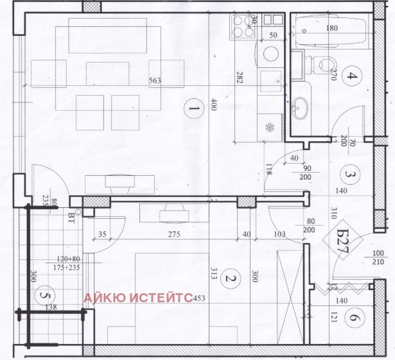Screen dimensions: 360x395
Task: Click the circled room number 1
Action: click(x=192, y=109)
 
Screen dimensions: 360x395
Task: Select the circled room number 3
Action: click(x=349, y=173)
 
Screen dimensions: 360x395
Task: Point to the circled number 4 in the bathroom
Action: click(x=351, y=78)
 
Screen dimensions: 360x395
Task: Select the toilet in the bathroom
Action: click(x=322, y=64)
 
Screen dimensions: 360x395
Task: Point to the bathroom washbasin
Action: click(x=301, y=105)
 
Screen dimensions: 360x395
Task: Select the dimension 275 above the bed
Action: click(x=173, y=236)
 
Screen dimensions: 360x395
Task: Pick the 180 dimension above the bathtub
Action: click(x=331, y=28)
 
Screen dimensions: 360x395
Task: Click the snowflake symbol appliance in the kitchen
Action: click(x=270, y=124)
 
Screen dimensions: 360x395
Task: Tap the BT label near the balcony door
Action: click(x=71, y=216)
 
